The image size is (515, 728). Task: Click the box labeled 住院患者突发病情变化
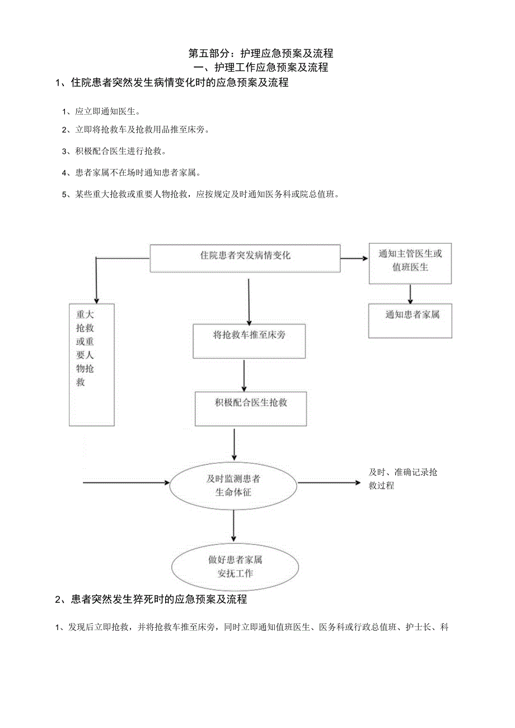point(245,257)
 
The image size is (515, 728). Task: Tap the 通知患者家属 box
point(410,320)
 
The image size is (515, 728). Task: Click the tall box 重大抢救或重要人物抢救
point(92,364)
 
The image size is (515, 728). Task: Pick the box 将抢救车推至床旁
point(249,340)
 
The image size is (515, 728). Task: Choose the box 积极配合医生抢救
point(250,408)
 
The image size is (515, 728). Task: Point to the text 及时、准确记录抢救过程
point(402,478)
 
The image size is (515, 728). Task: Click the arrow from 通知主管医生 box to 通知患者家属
point(410,294)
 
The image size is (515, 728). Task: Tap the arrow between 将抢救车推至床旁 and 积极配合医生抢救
point(244,375)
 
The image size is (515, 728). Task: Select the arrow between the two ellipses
point(233,526)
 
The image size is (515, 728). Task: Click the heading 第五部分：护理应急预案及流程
point(261,54)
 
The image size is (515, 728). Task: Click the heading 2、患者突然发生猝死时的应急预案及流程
point(151,599)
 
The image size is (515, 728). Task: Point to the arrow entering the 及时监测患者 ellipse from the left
point(126,482)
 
